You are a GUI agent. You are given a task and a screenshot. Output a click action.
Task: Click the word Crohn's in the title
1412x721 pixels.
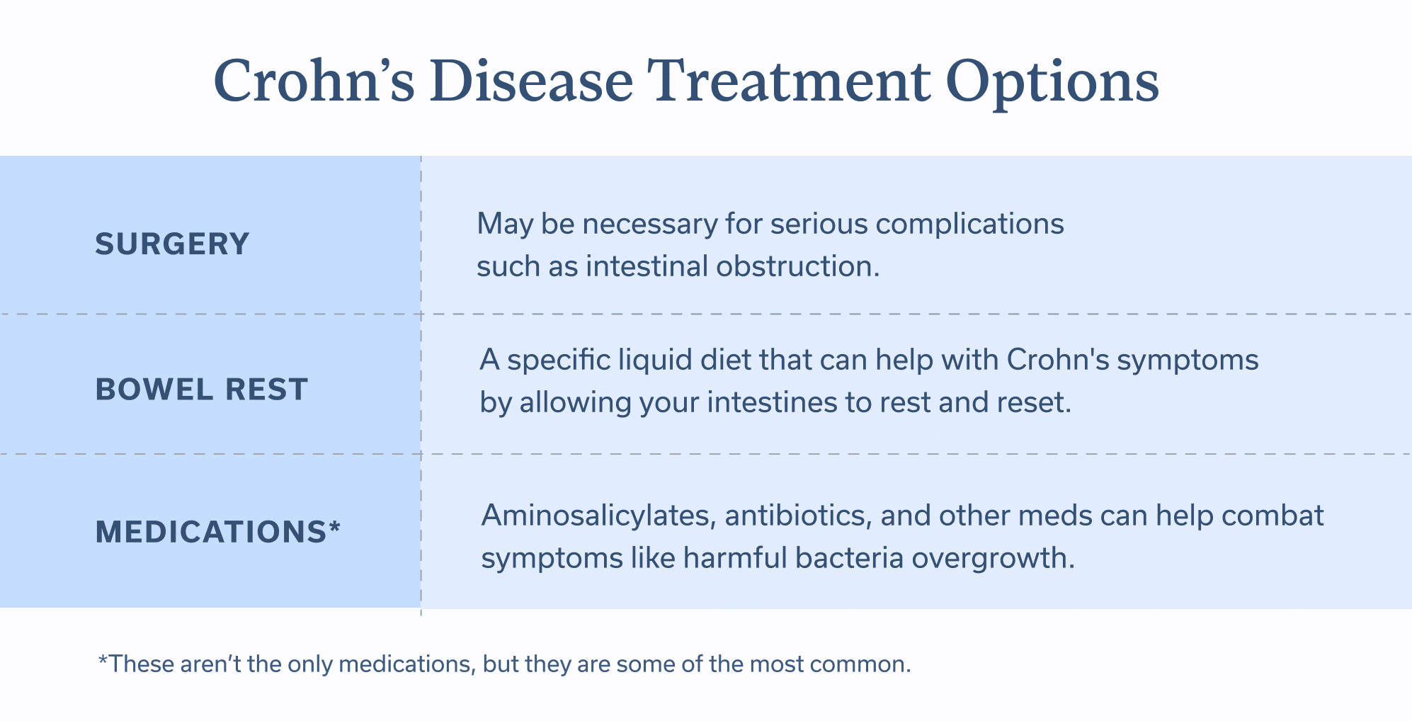314,81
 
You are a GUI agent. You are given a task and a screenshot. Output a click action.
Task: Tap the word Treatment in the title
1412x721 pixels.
789,81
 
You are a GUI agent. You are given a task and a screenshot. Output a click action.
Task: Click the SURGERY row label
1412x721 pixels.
172,244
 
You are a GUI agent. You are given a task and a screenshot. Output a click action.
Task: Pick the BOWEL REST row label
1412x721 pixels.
202,390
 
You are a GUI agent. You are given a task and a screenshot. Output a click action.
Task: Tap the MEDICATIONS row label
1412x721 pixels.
211,532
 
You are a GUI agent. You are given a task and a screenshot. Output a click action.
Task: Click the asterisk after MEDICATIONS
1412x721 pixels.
335,527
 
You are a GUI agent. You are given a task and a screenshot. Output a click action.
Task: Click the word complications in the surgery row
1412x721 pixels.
969,225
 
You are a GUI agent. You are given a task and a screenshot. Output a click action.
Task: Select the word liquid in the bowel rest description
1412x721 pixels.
655,360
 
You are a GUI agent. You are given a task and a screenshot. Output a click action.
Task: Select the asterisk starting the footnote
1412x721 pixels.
103,660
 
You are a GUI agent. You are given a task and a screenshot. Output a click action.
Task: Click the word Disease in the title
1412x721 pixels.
531,81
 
